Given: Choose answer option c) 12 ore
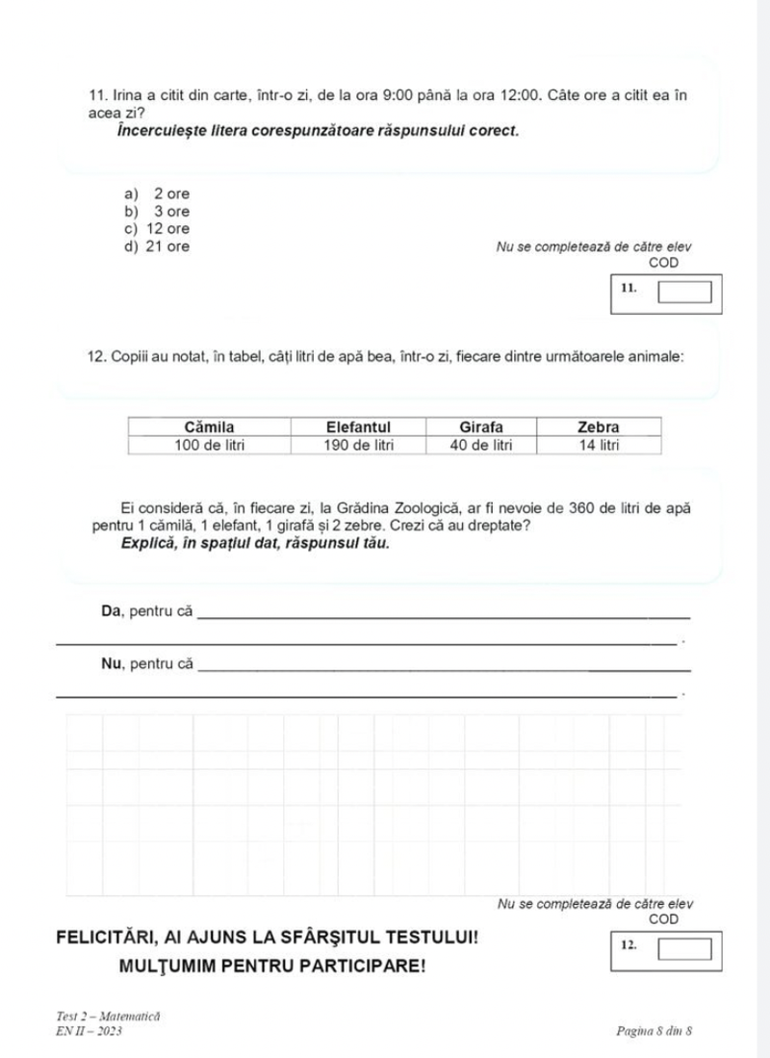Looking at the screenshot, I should point(157,228).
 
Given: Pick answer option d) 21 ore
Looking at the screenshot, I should point(157,246).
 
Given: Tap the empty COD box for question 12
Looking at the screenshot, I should point(684,950).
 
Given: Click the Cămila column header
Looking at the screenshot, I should point(209,426).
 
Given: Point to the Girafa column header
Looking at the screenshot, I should point(482,426).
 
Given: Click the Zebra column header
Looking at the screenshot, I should point(598,426).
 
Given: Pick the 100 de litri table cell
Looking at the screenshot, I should point(209,445).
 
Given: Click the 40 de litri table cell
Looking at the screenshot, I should point(482,445).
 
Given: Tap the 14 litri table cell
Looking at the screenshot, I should point(598,445).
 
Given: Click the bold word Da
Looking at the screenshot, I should point(111,610).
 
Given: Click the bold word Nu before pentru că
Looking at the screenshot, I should point(111,663).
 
